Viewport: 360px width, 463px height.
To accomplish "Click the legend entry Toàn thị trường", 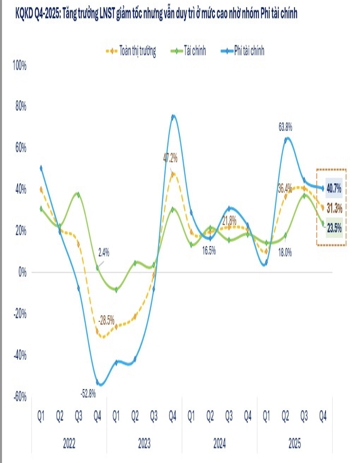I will coord(131,50).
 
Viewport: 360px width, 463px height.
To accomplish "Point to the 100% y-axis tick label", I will coord(18,65).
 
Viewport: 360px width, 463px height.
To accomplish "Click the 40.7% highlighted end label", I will coord(334,188).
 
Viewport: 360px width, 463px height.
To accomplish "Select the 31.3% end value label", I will coord(334,208).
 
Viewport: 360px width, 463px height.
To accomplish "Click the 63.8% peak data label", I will coord(285,127).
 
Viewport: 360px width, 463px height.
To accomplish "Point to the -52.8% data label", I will coord(88,394).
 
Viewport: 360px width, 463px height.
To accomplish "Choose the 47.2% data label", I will coord(171,158).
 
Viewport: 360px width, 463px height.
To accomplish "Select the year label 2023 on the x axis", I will coord(144,443).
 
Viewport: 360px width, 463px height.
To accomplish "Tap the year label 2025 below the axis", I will coord(295,443).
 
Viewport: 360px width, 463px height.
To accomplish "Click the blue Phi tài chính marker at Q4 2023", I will coord(173,117).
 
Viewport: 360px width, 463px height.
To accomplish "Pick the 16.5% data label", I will coord(209,250).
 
